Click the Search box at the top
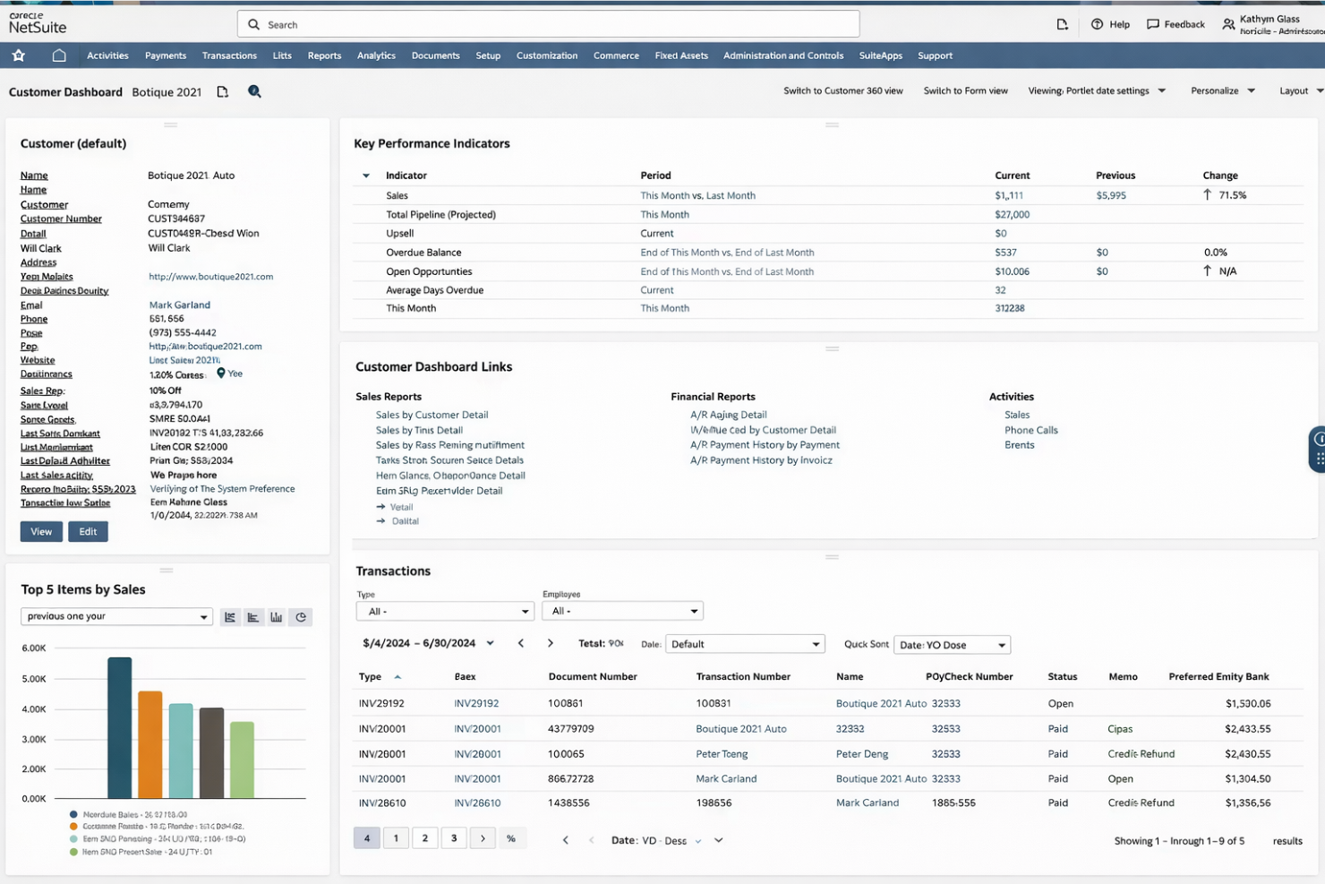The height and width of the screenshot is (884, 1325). click(x=548, y=25)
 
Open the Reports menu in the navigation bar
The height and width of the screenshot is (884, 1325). click(x=324, y=56)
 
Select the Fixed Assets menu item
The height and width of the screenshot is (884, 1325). click(x=680, y=56)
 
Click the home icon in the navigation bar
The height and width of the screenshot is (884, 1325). click(x=59, y=56)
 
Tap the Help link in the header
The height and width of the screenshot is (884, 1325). click(x=1110, y=24)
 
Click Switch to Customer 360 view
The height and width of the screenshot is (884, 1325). click(x=842, y=90)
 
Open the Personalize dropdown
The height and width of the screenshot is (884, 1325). click(x=1222, y=90)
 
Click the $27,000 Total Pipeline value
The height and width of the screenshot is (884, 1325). click(x=1012, y=215)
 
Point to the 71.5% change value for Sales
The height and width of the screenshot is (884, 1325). click(x=1232, y=195)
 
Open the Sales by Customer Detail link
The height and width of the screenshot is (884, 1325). click(x=432, y=415)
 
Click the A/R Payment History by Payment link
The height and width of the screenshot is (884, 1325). click(x=765, y=445)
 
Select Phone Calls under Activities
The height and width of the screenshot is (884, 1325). click(x=1030, y=430)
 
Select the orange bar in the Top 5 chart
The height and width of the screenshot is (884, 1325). click(x=150, y=744)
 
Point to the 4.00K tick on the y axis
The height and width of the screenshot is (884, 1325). click(x=34, y=709)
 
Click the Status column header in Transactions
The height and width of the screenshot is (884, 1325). click(x=1062, y=677)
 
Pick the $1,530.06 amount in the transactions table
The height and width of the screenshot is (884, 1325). click(x=1247, y=704)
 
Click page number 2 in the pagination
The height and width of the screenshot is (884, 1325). click(x=424, y=838)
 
